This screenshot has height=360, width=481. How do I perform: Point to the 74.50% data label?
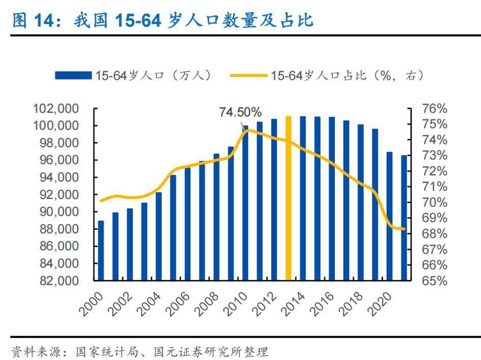tap(240, 112)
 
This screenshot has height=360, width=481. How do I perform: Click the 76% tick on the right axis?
tap(434, 109)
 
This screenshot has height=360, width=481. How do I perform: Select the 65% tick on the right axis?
tap(434, 281)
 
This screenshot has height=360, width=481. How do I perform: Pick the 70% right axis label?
tap(434, 203)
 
